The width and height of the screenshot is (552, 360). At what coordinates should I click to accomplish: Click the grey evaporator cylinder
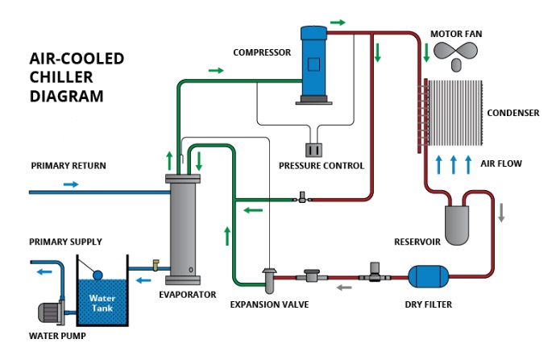[181, 229]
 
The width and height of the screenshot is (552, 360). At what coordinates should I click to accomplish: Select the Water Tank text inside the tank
[102, 304]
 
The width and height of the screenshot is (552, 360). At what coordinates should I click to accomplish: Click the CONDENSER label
[513, 114]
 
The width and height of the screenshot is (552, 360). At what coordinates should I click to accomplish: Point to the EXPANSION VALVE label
[269, 304]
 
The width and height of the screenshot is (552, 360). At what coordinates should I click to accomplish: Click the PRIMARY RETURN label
[68, 166]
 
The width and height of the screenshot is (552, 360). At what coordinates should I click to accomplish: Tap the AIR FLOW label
[501, 163]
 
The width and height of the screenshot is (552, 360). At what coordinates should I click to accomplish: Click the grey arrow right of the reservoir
[500, 213]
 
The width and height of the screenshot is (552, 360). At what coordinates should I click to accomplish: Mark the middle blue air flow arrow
[453, 164]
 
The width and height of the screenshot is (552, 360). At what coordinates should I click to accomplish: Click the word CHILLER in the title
[59, 77]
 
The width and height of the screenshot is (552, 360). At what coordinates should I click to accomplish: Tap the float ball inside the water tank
[98, 274]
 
